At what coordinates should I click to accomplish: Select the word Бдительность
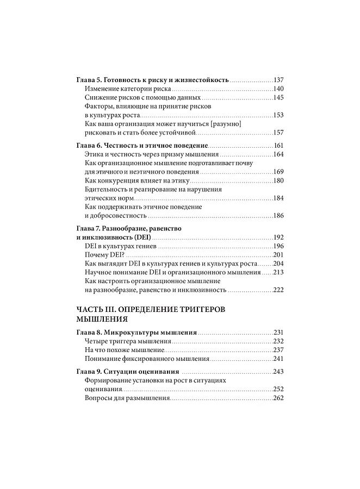click(107, 189)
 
